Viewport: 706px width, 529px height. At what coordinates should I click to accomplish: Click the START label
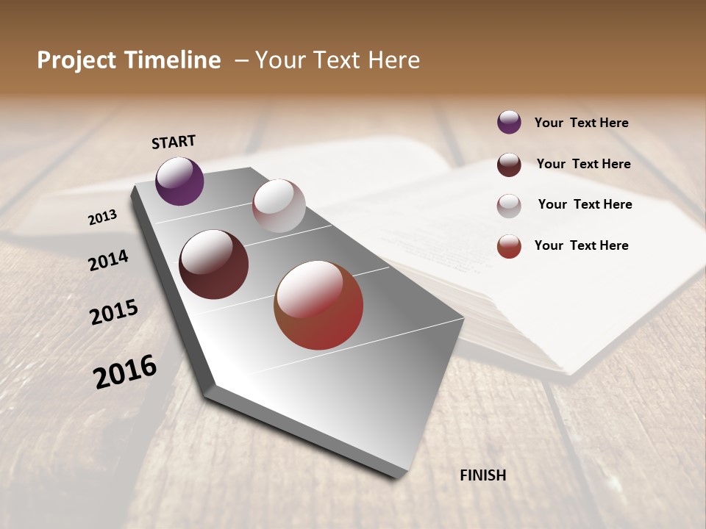(x=174, y=142)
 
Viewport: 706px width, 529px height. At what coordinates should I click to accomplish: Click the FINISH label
(x=482, y=475)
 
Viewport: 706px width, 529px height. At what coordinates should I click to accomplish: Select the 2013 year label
(x=102, y=217)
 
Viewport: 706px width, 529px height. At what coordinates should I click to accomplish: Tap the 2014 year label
(x=108, y=260)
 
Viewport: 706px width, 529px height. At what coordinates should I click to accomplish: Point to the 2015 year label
(x=113, y=312)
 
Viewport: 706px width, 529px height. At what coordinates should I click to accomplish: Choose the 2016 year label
(x=125, y=371)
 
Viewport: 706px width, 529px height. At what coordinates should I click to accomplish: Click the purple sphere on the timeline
(x=179, y=181)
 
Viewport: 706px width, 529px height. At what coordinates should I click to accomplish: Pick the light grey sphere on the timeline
(x=279, y=206)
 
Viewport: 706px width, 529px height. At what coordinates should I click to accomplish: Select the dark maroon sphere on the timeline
(x=213, y=264)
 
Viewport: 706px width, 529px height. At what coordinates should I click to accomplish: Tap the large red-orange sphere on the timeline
(x=318, y=305)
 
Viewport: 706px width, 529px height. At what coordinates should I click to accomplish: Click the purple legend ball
(x=509, y=122)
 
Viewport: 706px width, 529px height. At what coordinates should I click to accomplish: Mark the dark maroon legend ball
(x=509, y=165)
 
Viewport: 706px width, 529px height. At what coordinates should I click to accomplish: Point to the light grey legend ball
(x=509, y=206)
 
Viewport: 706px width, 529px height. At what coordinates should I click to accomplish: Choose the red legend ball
(x=509, y=246)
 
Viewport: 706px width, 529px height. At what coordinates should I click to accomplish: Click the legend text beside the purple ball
(x=581, y=123)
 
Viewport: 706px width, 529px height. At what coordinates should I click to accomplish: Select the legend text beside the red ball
(x=581, y=245)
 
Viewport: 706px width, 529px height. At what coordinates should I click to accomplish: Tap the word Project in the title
(x=76, y=60)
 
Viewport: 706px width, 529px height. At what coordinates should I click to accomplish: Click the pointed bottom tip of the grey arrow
(x=397, y=476)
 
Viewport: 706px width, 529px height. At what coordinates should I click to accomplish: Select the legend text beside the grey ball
(x=585, y=204)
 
